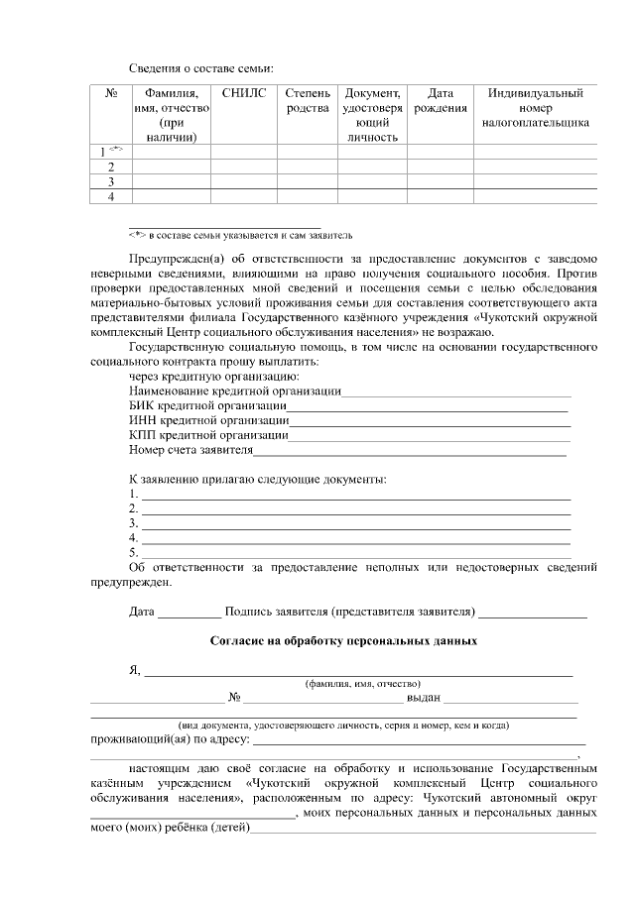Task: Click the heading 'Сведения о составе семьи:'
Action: [x=200, y=67]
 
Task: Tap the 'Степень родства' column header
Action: [x=308, y=100]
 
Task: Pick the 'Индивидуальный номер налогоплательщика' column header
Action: [x=536, y=108]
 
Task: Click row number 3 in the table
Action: [x=111, y=182]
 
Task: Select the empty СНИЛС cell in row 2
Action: [x=244, y=168]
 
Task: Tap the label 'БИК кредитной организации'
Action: [x=208, y=406]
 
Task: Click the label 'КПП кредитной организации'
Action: [x=208, y=435]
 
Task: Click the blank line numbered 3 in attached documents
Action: [x=355, y=522]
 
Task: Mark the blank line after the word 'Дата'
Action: [x=190, y=612]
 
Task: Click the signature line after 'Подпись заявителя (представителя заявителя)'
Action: [x=534, y=612]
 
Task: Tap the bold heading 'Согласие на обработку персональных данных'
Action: [x=343, y=641]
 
